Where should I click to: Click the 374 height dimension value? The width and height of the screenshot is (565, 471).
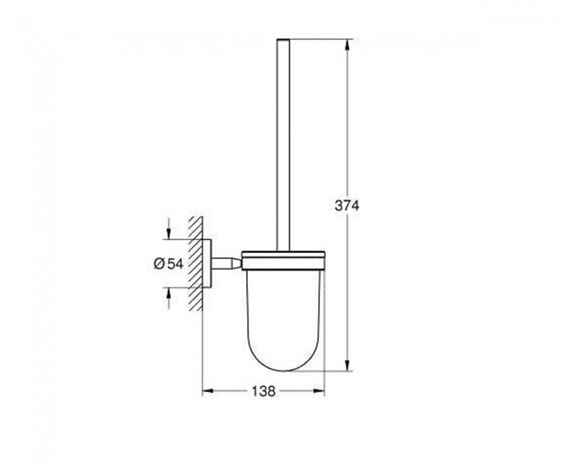pos(347,206)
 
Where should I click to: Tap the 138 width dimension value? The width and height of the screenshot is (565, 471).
pos(264,391)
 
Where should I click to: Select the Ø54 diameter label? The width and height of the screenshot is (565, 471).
pos(169,264)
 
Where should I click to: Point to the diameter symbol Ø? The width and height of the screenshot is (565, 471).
pos(159,264)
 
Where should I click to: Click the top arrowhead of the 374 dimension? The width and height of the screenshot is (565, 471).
pos(348,45)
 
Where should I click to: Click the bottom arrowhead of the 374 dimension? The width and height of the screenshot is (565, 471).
pos(348,364)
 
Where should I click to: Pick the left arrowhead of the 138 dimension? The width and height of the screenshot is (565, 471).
pos(209,391)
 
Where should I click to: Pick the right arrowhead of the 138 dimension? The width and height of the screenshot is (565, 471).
pos(319,391)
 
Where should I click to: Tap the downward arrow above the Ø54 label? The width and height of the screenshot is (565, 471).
pos(168,228)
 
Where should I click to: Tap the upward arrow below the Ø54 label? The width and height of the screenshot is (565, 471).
pos(168,299)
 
